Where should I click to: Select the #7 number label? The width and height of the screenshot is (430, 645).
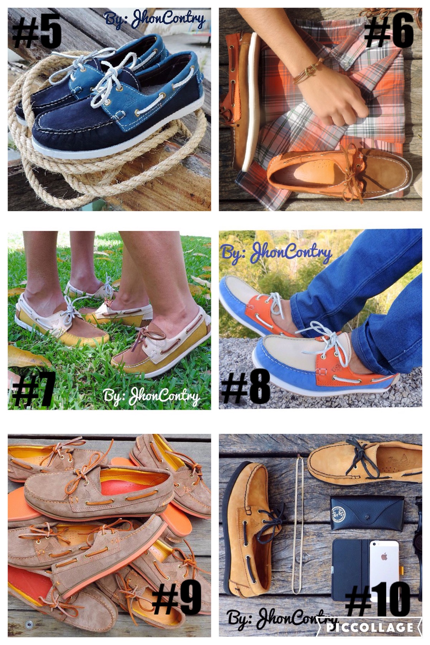(33, 389)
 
